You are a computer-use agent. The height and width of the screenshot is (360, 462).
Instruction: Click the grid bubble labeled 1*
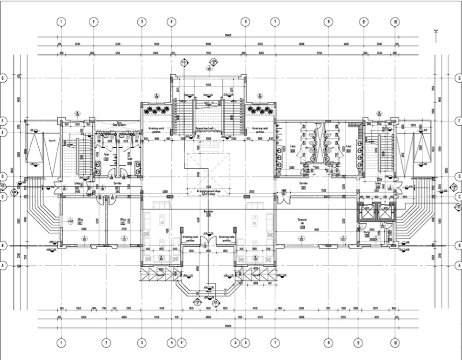94,22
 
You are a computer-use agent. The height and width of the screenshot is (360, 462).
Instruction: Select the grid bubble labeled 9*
365,22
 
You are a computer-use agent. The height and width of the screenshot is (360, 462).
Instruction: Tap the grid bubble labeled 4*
182,342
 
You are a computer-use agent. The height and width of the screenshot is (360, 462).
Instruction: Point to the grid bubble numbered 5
234,342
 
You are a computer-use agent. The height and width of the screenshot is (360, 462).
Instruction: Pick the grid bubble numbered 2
107,342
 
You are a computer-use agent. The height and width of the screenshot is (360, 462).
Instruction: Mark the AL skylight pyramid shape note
208,190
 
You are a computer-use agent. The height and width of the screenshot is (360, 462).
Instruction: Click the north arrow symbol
436,32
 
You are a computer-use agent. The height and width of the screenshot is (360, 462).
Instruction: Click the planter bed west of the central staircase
156,110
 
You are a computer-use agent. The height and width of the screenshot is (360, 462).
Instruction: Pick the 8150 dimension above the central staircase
209,85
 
